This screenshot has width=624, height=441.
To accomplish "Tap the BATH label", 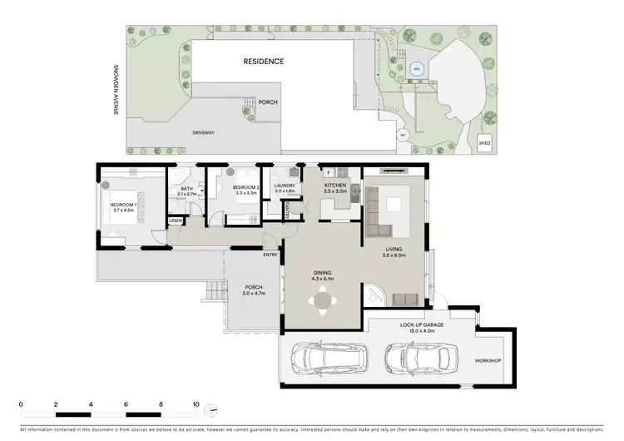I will click(186, 188).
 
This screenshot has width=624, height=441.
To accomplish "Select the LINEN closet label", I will click(176, 220).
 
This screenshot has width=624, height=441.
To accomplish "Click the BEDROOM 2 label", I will click(246, 188).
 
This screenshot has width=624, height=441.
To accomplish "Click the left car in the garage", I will click(331, 359).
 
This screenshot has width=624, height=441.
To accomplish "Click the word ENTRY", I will click(270, 255).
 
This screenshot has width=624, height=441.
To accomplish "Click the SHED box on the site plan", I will click(484, 144).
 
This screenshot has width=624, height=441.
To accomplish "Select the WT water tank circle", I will click(403, 134).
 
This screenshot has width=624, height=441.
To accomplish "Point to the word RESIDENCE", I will click(264, 62).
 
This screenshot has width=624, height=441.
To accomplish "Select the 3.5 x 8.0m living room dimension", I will click(394, 255).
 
